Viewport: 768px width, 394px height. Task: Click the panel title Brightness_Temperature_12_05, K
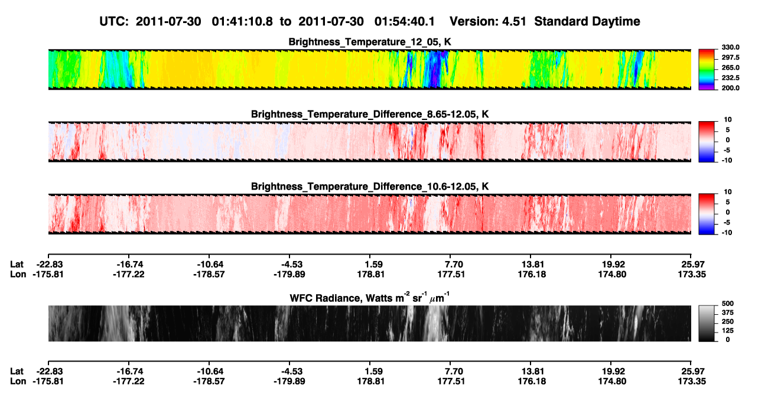[370, 42]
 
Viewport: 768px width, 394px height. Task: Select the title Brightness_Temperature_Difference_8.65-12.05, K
[370, 114]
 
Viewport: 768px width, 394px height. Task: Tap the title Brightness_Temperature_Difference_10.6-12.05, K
[370, 187]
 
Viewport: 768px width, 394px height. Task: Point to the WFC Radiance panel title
[370, 297]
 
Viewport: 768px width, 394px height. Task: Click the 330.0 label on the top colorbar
[730, 47]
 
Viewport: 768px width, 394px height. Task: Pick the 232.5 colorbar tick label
[730, 78]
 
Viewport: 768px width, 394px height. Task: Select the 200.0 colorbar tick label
[730, 88]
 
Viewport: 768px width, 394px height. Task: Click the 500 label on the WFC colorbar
[728, 304]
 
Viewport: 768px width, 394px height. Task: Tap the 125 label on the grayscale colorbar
[728, 331]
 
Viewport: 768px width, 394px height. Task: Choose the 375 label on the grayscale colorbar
[728, 312]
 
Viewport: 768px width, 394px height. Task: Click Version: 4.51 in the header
[487, 21]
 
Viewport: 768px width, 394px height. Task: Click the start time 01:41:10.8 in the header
[242, 21]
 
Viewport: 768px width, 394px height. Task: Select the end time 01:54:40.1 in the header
[405, 21]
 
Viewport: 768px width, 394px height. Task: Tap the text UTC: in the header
[114, 21]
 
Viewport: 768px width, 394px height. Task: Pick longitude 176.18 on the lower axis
[532, 382]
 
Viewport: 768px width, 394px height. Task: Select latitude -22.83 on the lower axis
[48, 372]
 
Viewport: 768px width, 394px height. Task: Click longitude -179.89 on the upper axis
[289, 274]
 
